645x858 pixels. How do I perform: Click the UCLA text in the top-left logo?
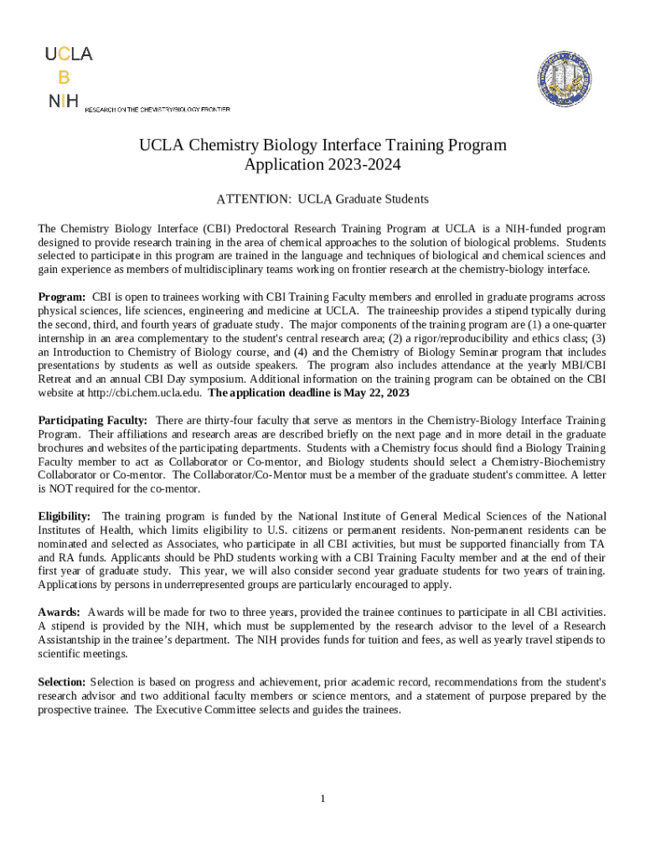[69, 54]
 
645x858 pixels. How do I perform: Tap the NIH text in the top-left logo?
[64, 101]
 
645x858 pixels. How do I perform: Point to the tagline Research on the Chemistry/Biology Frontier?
[157, 109]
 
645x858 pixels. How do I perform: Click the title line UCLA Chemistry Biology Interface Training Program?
[322, 145]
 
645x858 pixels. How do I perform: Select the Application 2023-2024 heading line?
[322, 165]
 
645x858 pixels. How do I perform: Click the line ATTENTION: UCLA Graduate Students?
[322, 199]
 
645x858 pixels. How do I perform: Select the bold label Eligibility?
[65, 516]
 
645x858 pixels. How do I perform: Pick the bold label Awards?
[59, 612]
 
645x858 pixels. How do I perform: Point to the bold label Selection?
[62, 682]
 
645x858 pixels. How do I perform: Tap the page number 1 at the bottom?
[322, 799]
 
